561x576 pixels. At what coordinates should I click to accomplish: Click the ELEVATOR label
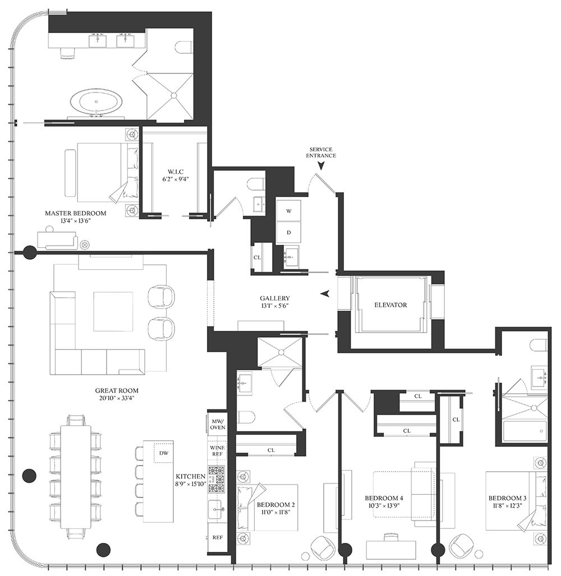click(x=390, y=305)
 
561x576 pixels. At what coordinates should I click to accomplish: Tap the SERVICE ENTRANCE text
click(x=321, y=153)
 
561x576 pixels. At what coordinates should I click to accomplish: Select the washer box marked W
click(x=289, y=211)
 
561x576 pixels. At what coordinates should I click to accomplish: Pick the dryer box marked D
click(x=289, y=233)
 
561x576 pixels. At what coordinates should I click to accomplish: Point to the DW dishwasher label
click(x=163, y=453)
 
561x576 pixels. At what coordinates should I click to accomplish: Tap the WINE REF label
click(x=217, y=451)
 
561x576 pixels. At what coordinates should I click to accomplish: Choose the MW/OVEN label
click(x=218, y=425)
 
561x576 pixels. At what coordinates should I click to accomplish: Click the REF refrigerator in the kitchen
click(x=218, y=537)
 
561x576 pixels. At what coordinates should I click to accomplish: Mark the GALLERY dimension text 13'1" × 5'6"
click(x=274, y=306)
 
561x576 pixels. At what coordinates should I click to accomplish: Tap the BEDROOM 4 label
click(x=384, y=498)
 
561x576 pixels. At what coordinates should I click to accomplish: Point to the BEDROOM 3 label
click(x=507, y=498)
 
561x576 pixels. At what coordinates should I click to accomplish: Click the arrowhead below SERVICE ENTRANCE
click(x=321, y=165)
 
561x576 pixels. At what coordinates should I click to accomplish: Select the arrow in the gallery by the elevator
click(x=324, y=293)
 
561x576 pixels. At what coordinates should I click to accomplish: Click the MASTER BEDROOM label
click(x=75, y=213)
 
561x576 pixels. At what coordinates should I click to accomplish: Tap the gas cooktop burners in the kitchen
click(x=217, y=480)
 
